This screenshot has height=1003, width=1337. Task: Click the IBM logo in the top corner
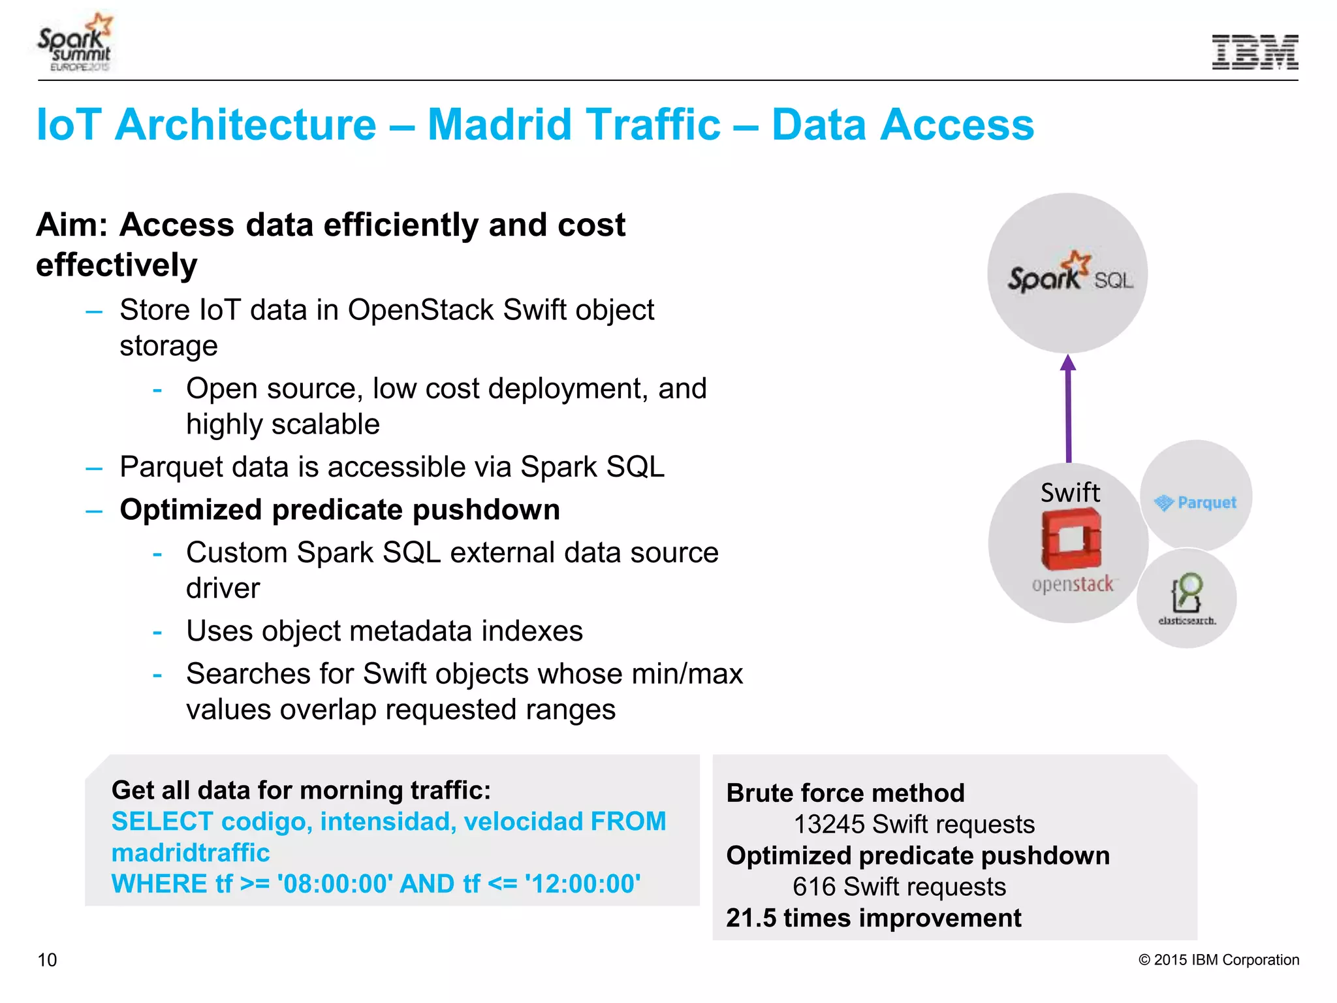(1255, 52)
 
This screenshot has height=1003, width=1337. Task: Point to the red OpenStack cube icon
(1071, 539)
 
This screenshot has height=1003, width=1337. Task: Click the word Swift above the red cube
(1070, 492)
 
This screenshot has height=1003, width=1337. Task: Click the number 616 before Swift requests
(813, 887)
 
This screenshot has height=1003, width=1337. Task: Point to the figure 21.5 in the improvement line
(751, 918)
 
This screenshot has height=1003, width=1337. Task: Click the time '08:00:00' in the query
(335, 884)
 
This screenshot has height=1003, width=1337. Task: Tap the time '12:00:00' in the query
(583, 884)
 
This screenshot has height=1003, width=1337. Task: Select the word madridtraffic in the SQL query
(191, 853)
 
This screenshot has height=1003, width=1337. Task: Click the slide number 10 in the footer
(48, 960)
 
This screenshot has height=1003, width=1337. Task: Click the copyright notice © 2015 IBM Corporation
(1218, 960)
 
